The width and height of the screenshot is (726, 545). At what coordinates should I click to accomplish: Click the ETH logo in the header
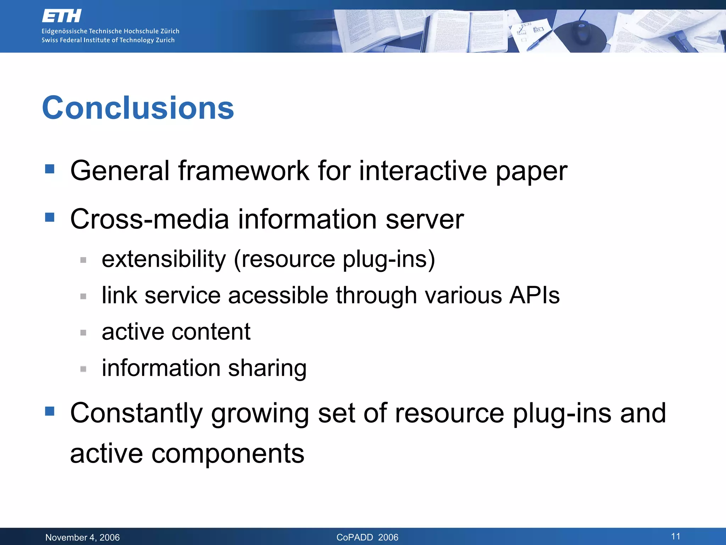coord(62,16)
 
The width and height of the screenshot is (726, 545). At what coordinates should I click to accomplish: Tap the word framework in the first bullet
coord(244,171)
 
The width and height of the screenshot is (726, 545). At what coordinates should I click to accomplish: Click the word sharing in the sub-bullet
coord(267,368)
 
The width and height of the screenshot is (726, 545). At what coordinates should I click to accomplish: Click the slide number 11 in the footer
coord(675,536)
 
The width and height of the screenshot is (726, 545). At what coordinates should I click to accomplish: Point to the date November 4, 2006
coord(83,538)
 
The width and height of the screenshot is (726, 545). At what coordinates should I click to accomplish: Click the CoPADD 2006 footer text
coord(367,538)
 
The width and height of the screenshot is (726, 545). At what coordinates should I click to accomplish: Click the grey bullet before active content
coord(83,333)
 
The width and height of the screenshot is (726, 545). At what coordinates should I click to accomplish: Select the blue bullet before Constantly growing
coord(50,411)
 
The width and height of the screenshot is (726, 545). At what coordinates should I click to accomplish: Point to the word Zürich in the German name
coord(170,31)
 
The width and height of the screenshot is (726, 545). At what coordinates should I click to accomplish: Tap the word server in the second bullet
coord(424,219)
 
